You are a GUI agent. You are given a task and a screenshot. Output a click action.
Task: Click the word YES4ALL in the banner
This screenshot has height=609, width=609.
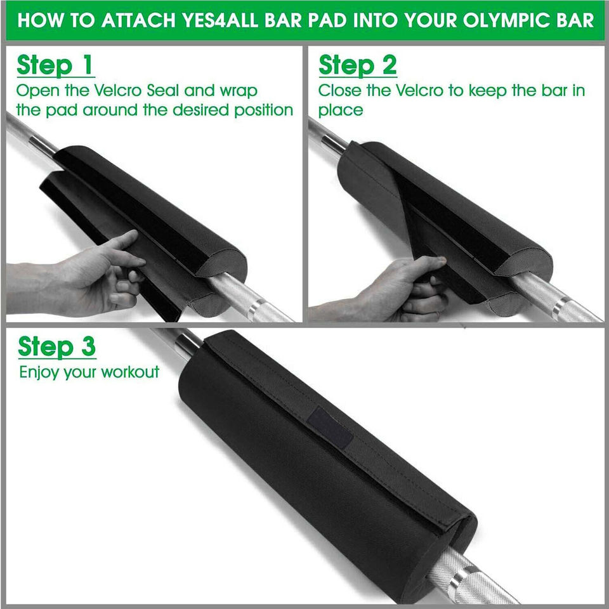pos(220,20)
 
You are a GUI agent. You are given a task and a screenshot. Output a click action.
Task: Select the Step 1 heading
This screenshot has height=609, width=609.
pos(55,65)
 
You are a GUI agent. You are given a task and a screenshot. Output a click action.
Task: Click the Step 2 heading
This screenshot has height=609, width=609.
pos(357,65)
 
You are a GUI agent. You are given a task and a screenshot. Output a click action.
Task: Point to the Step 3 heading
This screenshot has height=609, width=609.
pos(56,346)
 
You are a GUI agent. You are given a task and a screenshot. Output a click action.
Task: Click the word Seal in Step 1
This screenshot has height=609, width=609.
pos(163,91)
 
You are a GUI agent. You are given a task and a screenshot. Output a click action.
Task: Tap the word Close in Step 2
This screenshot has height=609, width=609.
pos(340,91)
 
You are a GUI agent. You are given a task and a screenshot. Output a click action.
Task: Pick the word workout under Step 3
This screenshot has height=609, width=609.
pos(129,372)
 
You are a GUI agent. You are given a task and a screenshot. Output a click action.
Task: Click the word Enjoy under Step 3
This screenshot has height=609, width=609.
pos(39,373)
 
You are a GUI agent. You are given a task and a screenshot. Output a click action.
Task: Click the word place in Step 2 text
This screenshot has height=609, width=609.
pos(341,110)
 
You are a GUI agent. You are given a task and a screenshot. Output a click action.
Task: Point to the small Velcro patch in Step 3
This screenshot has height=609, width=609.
pos(330,427)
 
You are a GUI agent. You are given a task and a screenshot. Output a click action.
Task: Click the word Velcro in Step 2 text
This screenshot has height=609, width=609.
pos(419,91)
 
